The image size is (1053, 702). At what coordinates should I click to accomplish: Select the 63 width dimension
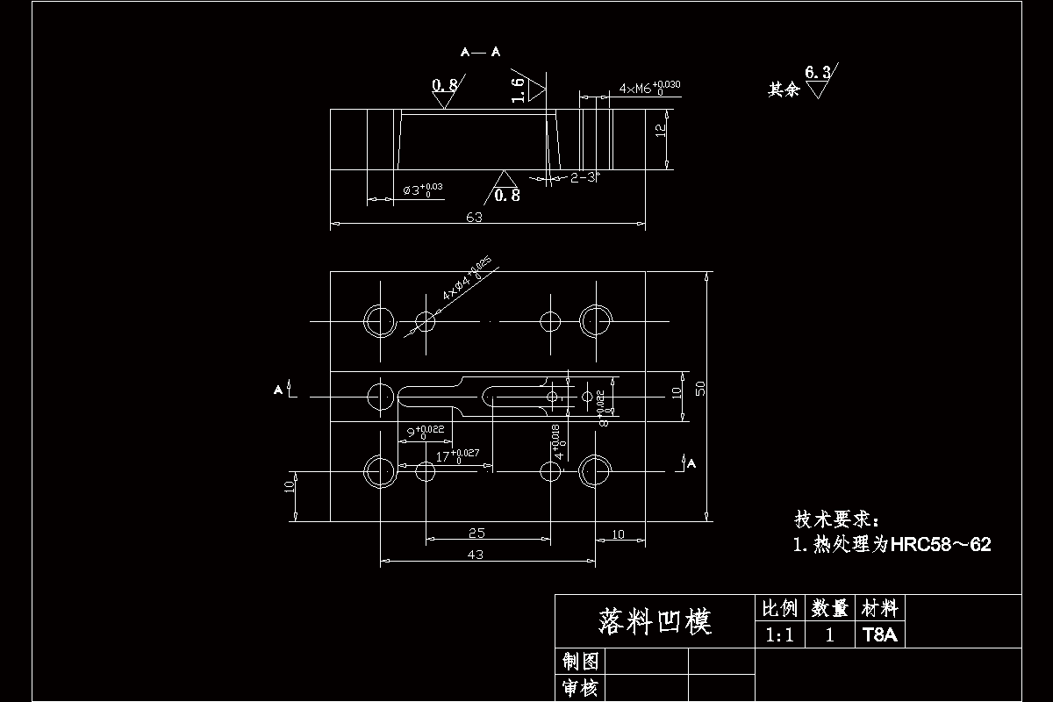(x=474, y=218)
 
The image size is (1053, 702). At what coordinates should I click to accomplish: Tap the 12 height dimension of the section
(x=661, y=130)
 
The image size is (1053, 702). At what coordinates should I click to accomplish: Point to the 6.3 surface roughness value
(x=816, y=74)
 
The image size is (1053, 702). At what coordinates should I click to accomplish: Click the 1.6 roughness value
(x=518, y=89)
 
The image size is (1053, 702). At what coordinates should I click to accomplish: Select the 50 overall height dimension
(x=700, y=388)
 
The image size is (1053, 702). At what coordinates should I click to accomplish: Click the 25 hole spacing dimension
(x=476, y=533)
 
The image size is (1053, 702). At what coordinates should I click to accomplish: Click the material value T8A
(x=880, y=635)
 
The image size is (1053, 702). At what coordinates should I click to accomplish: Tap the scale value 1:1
(x=779, y=635)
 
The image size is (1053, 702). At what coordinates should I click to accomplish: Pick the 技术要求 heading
(x=841, y=519)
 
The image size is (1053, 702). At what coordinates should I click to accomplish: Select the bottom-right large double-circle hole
(x=596, y=472)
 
